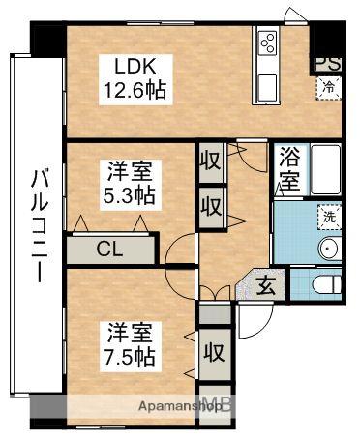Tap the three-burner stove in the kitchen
click(267, 43)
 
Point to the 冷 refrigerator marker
click(328, 86)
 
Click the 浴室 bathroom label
click(288, 170)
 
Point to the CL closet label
click(109, 248)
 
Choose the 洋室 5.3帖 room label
click(130, 182)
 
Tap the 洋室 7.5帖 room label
click(130, 342)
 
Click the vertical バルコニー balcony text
click(38, 224)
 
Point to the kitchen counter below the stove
click(267, 78)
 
